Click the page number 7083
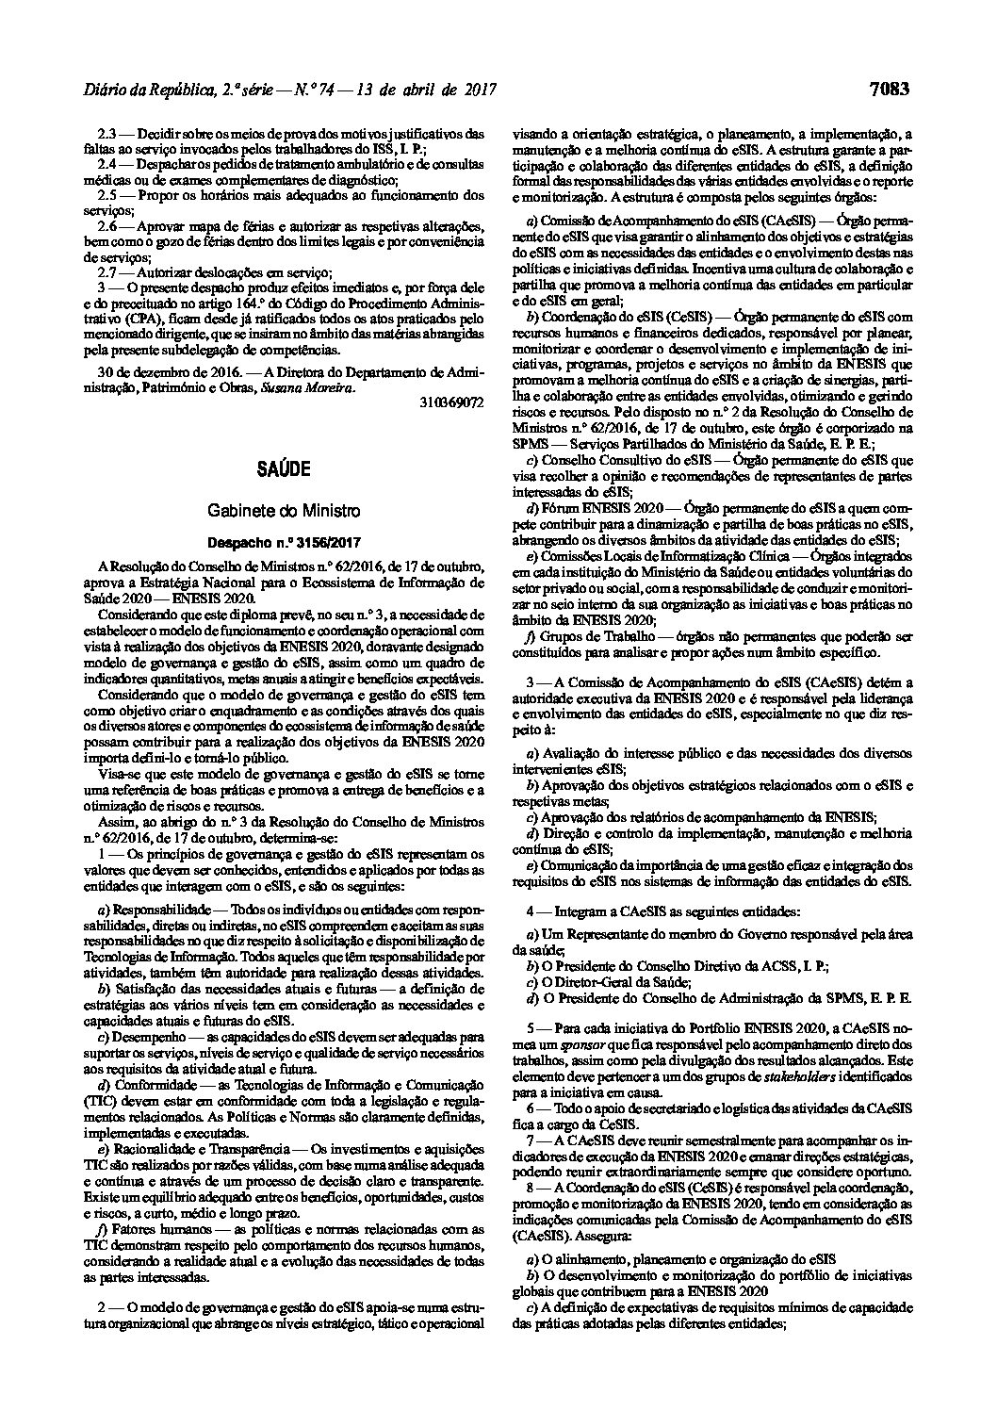pyautogui.click(x=890, y=90)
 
